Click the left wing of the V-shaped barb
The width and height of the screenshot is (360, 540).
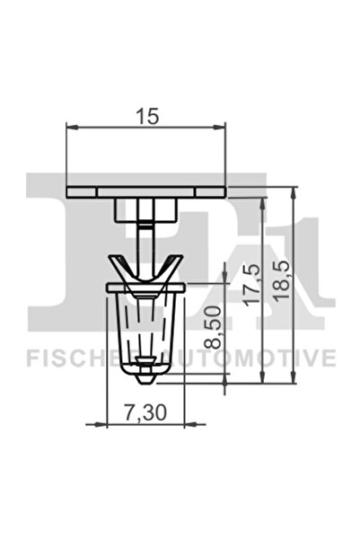click(x=119, y=268)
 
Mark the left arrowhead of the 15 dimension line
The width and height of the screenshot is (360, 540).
click(x=71, y=127)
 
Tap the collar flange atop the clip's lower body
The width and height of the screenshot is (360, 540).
click(x=145, y=287)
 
